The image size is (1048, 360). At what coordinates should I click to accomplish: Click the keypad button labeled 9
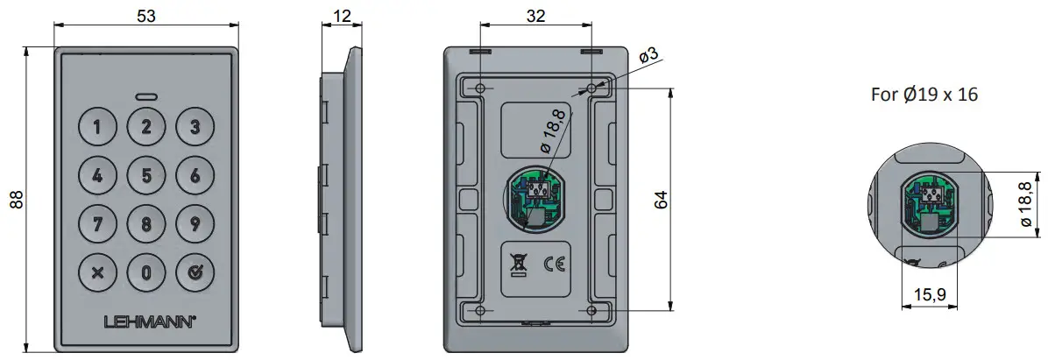(195, 222)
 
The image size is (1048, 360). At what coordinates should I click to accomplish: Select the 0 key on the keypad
(146, 271)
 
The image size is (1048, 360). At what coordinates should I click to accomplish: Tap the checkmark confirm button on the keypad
(195, 271)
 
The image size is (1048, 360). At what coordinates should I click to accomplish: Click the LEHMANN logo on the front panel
(146, 321)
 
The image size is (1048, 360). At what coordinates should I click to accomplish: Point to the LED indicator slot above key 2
(146, 96)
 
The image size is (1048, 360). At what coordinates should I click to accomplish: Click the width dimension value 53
(145, 14)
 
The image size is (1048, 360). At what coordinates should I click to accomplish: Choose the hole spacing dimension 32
(535, 14)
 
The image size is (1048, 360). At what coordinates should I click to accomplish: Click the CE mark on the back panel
(555, 262)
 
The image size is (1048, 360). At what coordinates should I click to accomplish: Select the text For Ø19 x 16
(924, 95)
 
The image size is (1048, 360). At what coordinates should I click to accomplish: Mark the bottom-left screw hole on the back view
(479, 311)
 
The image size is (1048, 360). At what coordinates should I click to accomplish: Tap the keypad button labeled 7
(97, 222)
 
